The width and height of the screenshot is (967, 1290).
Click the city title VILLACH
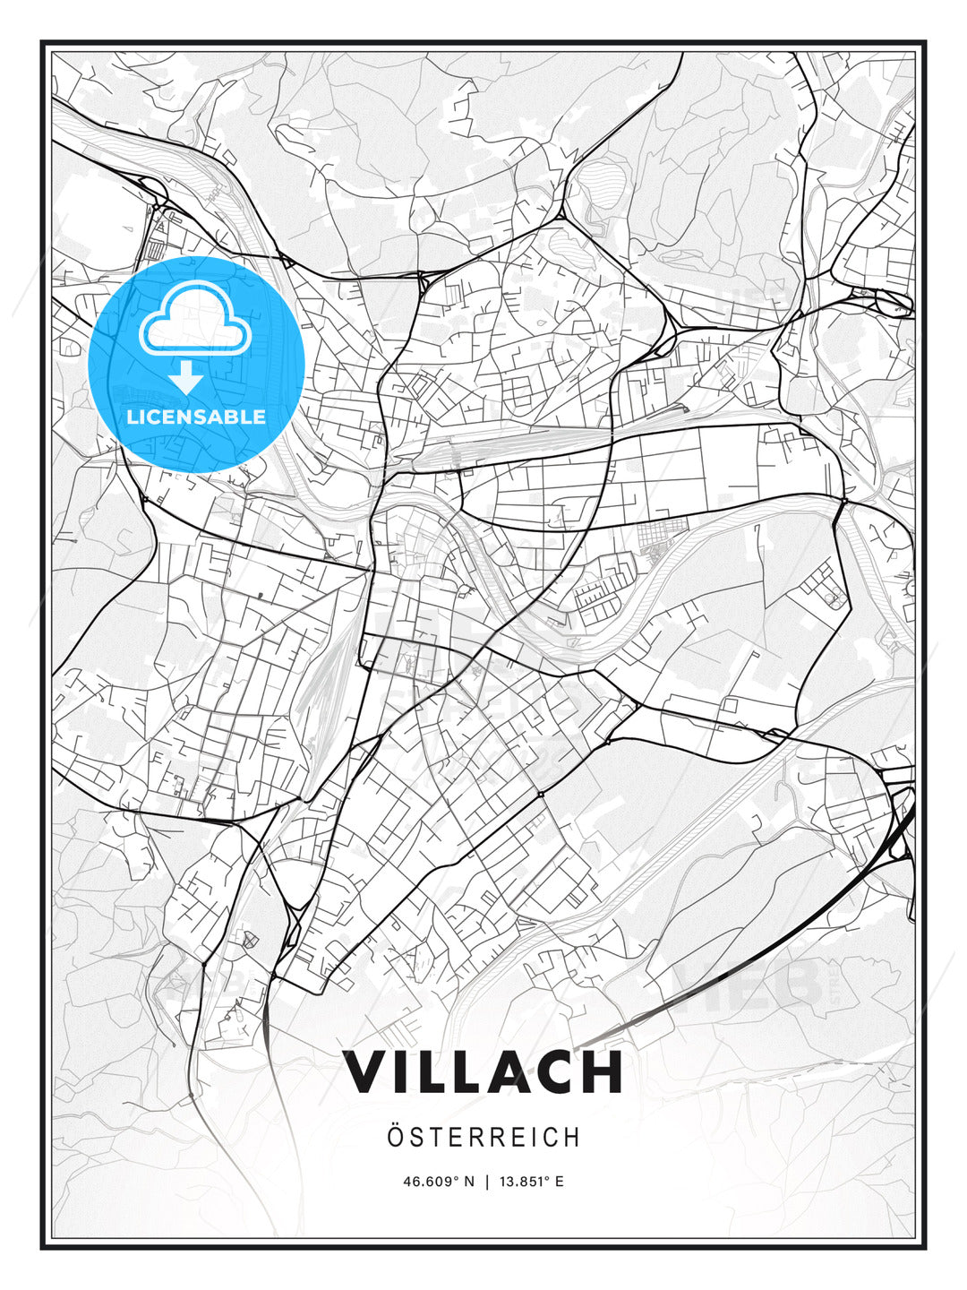click(483, 1072)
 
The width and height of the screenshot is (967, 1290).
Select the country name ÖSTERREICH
click(483, 1137)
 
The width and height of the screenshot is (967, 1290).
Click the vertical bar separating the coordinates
click(486, 1182)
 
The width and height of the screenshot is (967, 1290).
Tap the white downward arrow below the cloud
click(186, 377)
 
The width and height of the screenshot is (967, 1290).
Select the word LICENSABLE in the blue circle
click(196, 417)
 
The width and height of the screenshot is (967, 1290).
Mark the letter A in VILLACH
click(503, 1072)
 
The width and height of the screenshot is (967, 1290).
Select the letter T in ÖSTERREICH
click(436, 1137)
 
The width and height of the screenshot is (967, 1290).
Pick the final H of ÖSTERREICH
click(573, 1137)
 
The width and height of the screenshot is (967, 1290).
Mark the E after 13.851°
click(560, 1182)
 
